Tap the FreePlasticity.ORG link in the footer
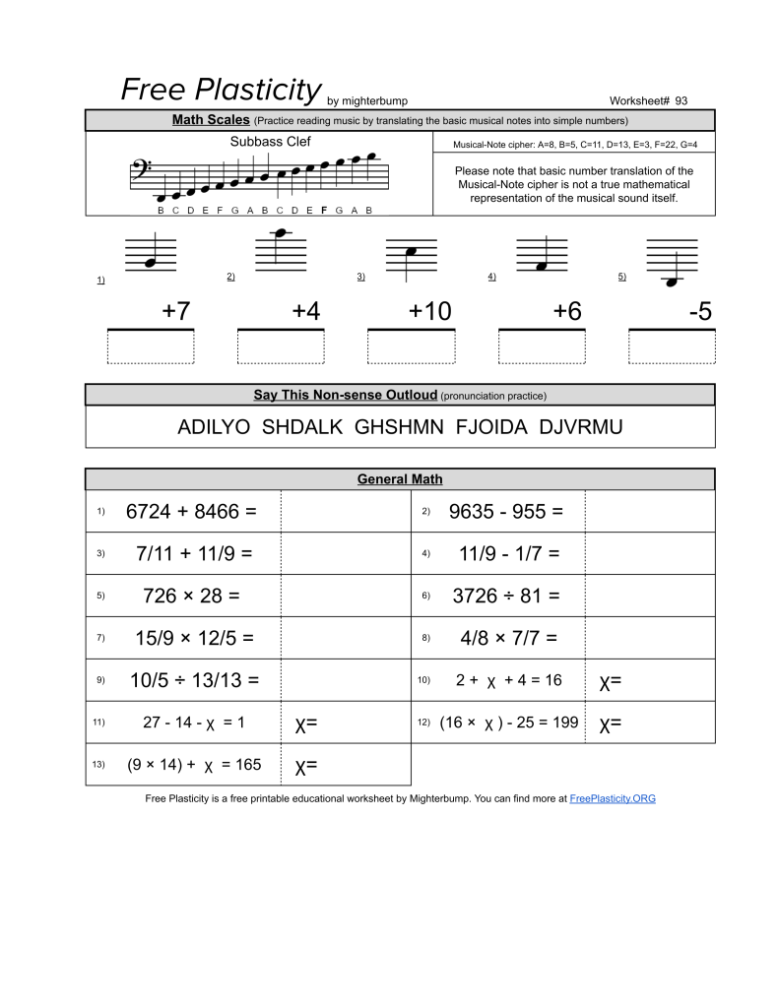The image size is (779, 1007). coord(612,798)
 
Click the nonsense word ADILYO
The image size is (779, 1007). coord(214,427)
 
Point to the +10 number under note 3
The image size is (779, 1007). coord(429,312)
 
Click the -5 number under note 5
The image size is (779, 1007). coord(700,312)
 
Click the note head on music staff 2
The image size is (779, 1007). coord(281,233)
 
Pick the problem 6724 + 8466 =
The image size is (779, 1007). coord(191,512)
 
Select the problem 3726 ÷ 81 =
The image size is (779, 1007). coord(506,596)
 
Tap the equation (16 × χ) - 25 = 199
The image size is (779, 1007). coord(509,723)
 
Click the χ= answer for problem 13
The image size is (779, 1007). coord(306,766)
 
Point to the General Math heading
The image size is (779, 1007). coord(400,479)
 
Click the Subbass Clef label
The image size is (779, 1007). coord(270,142)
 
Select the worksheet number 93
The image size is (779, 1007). coord(682,100)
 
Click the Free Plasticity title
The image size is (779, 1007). coord(221,90)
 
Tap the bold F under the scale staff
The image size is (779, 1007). coord(324,210)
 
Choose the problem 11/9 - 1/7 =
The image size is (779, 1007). coord(509,553)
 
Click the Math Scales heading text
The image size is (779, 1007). coord(210,120)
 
